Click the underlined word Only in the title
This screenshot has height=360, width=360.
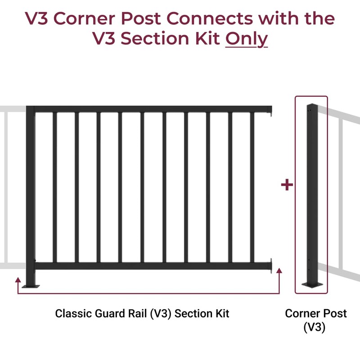pos(246,39)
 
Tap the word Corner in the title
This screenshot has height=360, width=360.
pos(103,18)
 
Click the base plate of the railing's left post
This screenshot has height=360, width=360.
pos(30,285)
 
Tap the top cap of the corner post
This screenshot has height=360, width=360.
pos(311,106)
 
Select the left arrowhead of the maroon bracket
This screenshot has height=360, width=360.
pos(18,280)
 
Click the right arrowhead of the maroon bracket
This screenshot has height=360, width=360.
pos(279,271)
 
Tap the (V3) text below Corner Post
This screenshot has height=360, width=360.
pos(315,328)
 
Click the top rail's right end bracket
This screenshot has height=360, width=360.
pos(271,110)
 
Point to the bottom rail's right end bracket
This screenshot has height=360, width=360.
pos(271,265)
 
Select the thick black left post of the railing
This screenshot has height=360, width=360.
pos(30,193)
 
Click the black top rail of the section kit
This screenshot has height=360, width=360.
pos(153,109)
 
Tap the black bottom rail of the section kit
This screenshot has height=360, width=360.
pos(153,265)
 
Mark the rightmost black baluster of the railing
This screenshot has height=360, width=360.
pos(252,187)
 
